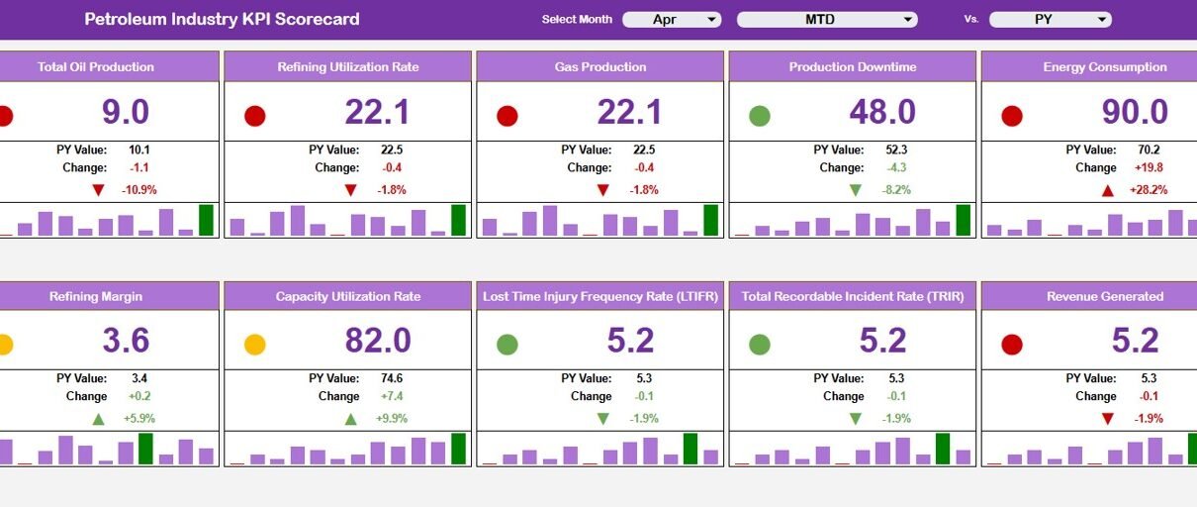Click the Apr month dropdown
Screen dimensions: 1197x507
coord(672,20)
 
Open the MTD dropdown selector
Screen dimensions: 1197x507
coord(827,20)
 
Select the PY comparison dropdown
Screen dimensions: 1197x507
coord(1050,20)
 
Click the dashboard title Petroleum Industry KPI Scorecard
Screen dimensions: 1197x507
coord(222,19)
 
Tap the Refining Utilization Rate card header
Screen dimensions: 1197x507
coord(348,67)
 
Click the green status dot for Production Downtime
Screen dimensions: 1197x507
coord(760,116)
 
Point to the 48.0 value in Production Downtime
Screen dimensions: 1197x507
coord(882,112)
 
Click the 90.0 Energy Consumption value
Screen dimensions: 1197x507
coord(1135,112)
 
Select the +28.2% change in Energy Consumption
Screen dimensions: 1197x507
coord(1149,190)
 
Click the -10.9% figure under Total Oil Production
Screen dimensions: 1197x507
coord(138,190)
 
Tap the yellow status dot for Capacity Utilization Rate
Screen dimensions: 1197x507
coord(255,345)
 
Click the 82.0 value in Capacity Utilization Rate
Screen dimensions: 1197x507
coord(378,340)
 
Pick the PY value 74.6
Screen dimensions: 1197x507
coord(392,378)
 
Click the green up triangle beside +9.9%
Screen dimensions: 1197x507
coord(350,419)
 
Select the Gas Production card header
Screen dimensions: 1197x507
coord(600,67)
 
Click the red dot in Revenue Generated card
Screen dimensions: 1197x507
coord(1012,345)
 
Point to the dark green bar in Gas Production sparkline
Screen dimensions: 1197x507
coord(710,220)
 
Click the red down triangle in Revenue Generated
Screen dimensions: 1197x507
coord(1108,419)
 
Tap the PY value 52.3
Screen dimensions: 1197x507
coord(896,150)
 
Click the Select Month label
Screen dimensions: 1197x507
coord(577,19)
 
